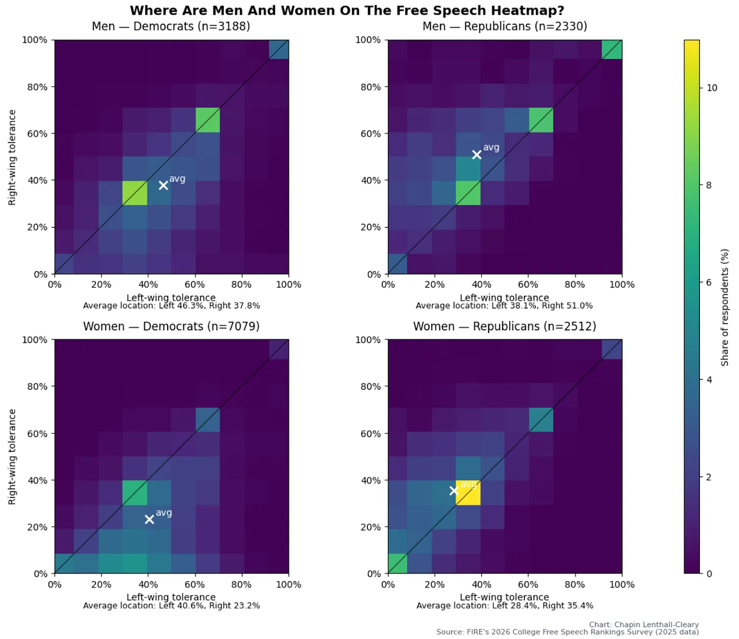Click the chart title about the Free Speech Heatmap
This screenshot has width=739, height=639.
pos(347,11)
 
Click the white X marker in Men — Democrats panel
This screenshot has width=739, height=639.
pos(163,186)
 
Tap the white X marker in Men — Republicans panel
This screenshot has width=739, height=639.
pos(477,155)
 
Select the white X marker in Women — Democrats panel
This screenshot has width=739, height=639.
pos(149,519)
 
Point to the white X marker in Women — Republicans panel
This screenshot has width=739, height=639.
pos(454,491)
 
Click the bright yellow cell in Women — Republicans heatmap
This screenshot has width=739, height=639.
pos(468,493)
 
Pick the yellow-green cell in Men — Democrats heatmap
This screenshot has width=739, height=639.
pos(135,193)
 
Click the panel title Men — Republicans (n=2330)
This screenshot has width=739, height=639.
pos(505,26)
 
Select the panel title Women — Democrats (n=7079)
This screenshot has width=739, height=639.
pos(171,326)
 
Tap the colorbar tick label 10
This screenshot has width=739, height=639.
pos(712,88)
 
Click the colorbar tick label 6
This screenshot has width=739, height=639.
pos(709,283)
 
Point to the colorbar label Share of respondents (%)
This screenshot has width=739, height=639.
pos(725,307)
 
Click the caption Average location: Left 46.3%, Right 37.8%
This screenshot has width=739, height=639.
pos(171,306)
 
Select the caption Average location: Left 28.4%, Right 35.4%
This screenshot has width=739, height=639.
pos(505,606)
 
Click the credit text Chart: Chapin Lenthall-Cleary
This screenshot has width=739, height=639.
pos(644,624)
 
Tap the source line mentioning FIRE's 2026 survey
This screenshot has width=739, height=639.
pos(567,632)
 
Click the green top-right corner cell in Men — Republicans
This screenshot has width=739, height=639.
pos(612,50)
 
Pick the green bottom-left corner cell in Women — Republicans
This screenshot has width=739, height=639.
pos(398,563)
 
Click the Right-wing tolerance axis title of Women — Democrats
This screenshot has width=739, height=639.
pos(12,457)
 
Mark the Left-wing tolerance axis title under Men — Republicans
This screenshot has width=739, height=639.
pos(505,297)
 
